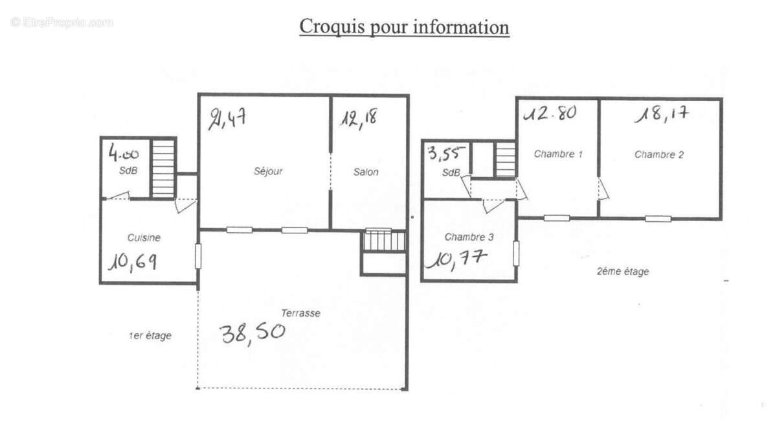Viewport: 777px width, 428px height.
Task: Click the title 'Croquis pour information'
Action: click(404, 28)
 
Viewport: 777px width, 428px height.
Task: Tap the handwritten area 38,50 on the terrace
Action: click(253, 333)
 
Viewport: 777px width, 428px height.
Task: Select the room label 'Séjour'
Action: click(268, 172)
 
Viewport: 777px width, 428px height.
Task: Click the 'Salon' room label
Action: click(366, 172)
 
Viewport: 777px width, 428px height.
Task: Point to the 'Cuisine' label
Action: click(144, 237)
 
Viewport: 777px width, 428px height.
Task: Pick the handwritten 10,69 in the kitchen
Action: click(132, 261)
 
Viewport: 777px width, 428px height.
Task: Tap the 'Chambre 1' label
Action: click(558, 154)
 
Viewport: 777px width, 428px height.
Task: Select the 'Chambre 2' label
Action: click(659, 154)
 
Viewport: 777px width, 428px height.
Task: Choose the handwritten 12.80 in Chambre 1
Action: click(550, 113)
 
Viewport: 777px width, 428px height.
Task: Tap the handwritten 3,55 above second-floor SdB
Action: click(445, 154)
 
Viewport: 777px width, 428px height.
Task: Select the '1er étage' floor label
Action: click(150, 336)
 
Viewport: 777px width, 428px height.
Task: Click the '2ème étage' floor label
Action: click(622, 272)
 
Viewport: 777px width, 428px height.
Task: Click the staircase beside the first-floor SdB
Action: click(163, 169)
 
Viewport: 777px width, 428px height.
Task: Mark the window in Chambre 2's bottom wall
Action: click(658, 219)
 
